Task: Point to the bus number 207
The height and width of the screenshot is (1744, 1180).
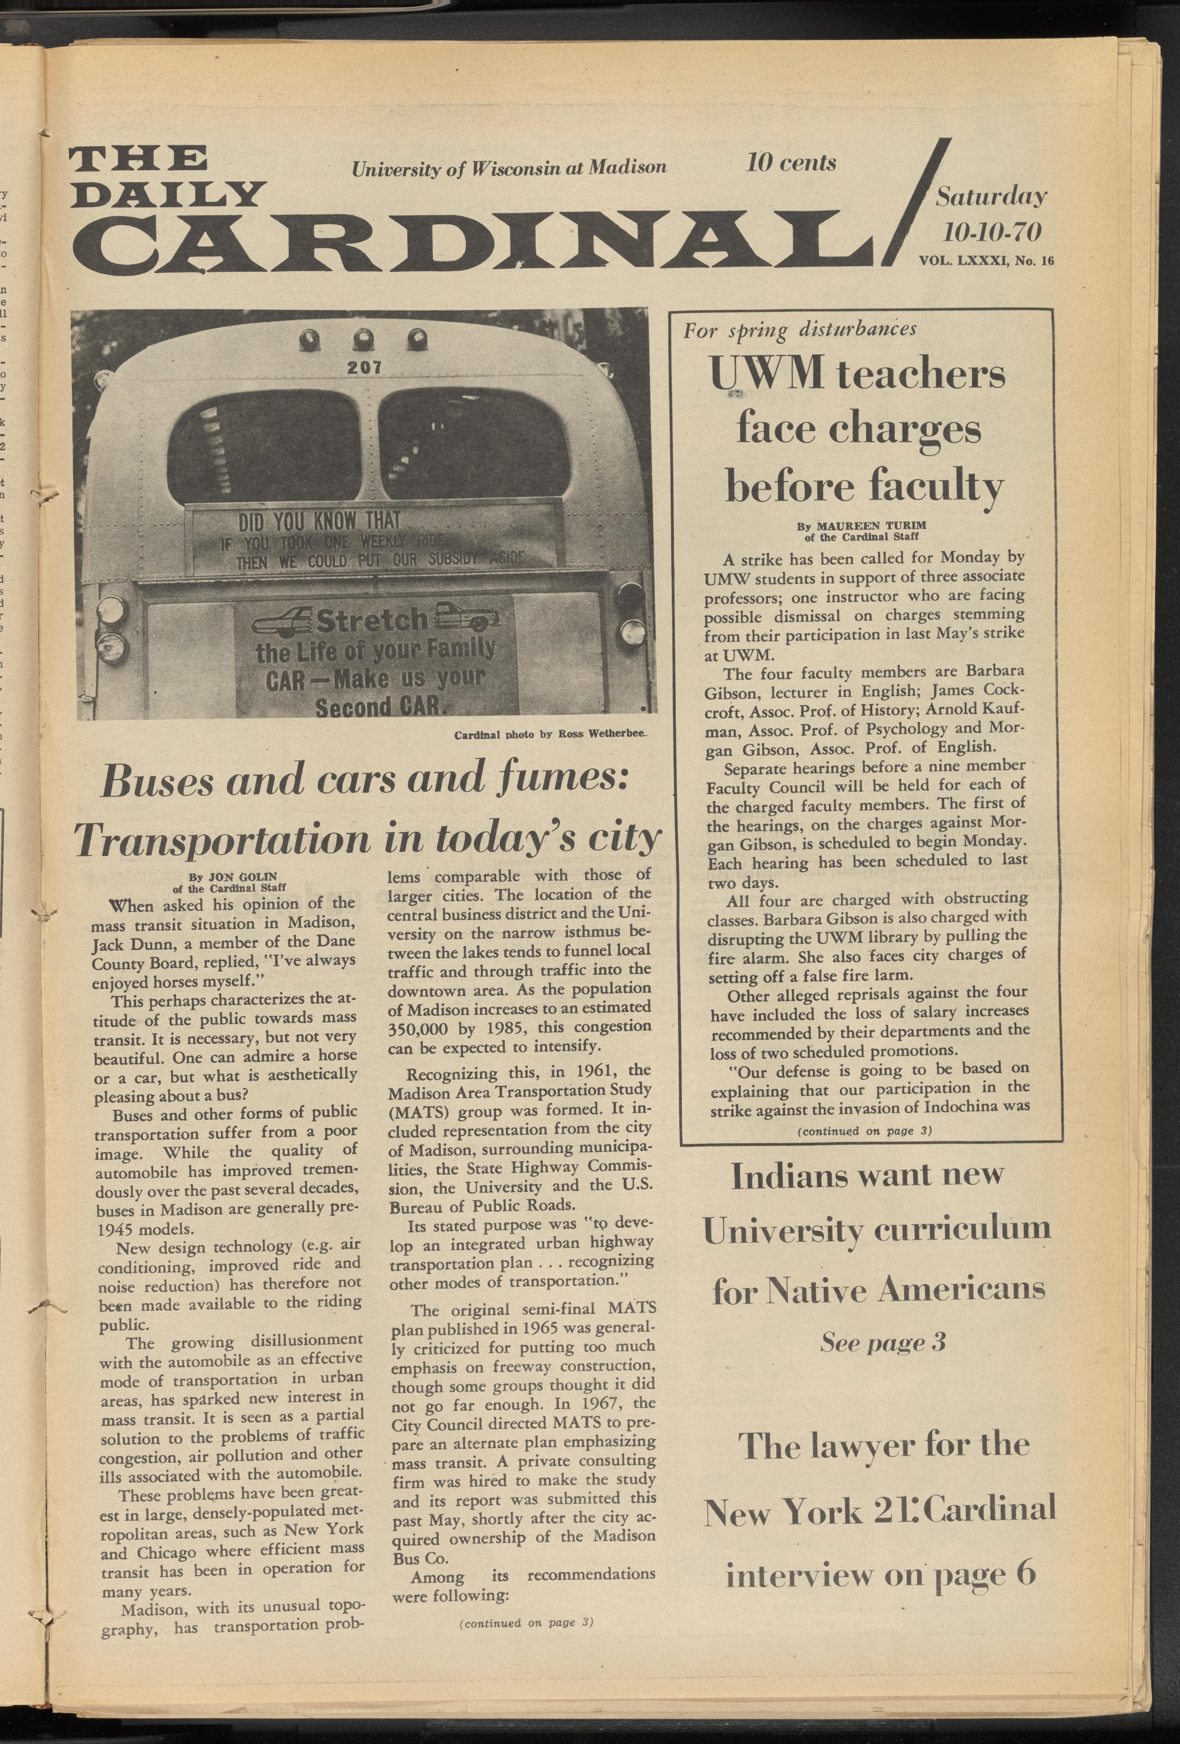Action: pos(365,368)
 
